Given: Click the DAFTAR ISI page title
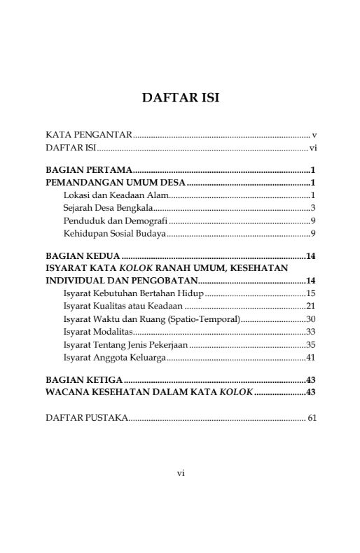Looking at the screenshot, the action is click(x=180, y=97).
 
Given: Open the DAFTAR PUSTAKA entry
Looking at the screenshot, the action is click(x=86, y=418).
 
